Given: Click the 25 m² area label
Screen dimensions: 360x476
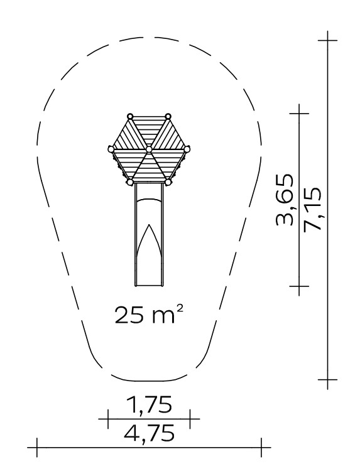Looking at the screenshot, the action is pyautogui.click(x=149, y=315).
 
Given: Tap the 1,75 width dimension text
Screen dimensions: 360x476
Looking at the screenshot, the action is pyautogui.click(x=149, y=404).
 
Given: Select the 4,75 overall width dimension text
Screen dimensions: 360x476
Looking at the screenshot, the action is pyautogui.click(x=149, y=433).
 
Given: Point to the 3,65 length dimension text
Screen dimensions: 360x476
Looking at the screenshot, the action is pyautogui.click(x=285, y=200).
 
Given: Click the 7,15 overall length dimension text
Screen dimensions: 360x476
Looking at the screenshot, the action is pyautogui.click(x=312, y=208).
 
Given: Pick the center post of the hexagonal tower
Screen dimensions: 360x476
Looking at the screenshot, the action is pyautogui.click(x=148, y=149).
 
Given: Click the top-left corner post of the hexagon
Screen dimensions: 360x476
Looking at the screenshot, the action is pyautogui.click(x=130, y=116).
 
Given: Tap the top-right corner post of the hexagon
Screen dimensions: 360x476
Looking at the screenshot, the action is pyautogui.click(x=168, y=116).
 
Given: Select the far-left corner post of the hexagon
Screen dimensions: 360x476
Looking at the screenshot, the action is pyautogui.click(x=111, y=149).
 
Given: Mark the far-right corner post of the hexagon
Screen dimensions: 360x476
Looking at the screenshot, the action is pyautogui.click(x=187, y=149).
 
